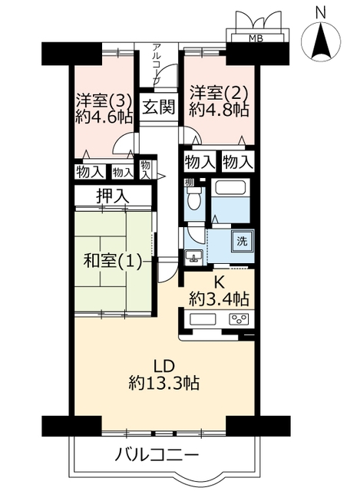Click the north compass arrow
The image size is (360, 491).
(x=321, y=43)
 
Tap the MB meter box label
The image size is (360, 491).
(x=256, y=39)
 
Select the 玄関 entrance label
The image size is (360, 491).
(x=159, y=107)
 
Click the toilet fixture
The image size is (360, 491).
(x=193, y=198)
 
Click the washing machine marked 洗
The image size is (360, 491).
(x=241, y=242)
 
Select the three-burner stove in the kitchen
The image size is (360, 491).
(x=239, y=319)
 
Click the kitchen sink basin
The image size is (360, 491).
(x=203, y=320)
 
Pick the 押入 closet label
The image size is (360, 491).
(x=113, y=196)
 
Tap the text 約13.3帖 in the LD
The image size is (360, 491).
(x=163, y=382)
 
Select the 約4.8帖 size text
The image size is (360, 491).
(x=219, y=110)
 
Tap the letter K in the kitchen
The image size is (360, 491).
(x=219, y=283)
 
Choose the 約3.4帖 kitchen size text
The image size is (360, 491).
(x=219, y=300)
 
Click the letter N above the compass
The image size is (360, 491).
(x=321, y=13)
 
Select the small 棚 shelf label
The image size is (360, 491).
(x=189, y=183)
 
